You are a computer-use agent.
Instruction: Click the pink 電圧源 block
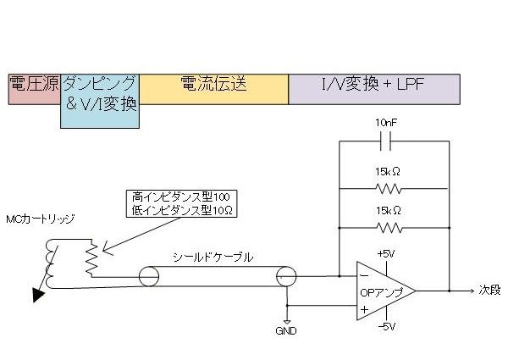(x=35, y=89)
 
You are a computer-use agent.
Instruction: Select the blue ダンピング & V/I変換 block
(x=100, y=101)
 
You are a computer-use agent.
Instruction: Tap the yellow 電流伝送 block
(x=214, y=89)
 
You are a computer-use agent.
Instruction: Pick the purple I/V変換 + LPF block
(x=374, y=89)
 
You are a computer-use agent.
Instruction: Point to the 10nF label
(x=386, y=123)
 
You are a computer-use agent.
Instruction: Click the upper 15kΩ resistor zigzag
(x=389, y=189)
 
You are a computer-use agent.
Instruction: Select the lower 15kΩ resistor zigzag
(x=389, y=228)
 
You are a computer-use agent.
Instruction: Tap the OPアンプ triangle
(x=386, y=291)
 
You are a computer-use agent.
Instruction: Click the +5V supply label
(x=386, y=254)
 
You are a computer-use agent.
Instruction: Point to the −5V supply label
(x=387, y=326)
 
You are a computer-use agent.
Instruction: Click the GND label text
(x=286, y=331)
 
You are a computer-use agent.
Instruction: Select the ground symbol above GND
(x=287, y=322)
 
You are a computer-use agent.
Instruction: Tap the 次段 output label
(x=490, y=290)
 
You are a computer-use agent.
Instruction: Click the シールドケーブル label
(x=213, y=258)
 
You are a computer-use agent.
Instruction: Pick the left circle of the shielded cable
(x=149, y=276)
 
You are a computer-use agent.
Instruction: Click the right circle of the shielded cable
(x=286, y=276)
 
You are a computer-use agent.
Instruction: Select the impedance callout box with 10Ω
(x=181, y=203)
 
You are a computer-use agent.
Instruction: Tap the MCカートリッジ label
(x=41, y=219)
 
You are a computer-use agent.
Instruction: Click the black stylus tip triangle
(x=38, y=295)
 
